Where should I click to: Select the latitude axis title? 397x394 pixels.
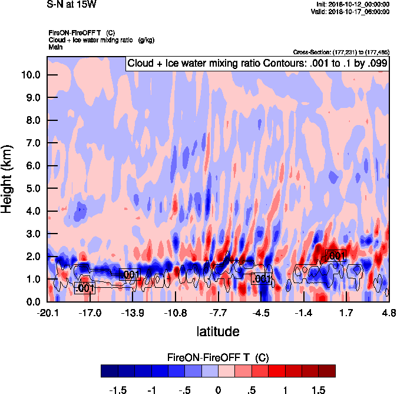[218, 331]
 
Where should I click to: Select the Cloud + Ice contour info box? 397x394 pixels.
[257, 64]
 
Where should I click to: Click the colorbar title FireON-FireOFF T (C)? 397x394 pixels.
[218, 357]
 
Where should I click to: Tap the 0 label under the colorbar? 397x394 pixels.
[218, 390]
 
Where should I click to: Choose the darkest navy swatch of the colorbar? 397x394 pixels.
[110, 371]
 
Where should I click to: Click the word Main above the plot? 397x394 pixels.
[55, 46]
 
